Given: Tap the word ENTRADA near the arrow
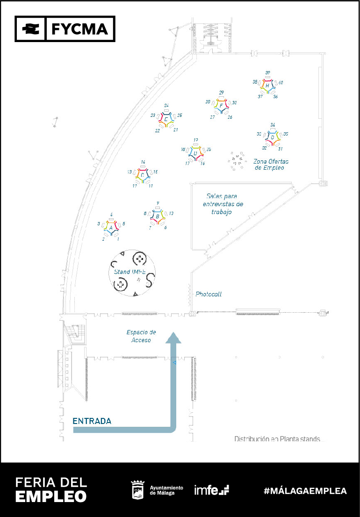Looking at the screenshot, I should click(92, 421).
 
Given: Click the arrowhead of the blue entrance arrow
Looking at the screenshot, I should click(174, 337).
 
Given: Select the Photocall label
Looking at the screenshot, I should click(209, 294).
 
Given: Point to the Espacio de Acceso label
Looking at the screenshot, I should click(141, 336).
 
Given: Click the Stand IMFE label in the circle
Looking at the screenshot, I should click(130, 272).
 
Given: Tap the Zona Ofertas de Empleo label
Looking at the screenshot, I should click(269, 164).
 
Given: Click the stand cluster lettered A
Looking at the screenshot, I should click(111, 227).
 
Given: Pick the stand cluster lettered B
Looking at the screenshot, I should click(158, 216).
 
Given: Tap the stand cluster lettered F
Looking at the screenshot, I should click(221, 106).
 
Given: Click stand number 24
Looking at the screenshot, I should click(166, 106).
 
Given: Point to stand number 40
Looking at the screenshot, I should click(281, 83).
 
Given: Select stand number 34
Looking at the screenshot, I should click(273, 125).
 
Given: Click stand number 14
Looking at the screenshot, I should click(143, 162).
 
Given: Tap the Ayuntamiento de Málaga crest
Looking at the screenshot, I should click(137, 489).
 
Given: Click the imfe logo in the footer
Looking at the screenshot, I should click(211, 490).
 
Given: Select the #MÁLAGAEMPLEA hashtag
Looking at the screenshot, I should click(305, 491).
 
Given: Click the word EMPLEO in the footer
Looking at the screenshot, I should click(51, 496).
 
